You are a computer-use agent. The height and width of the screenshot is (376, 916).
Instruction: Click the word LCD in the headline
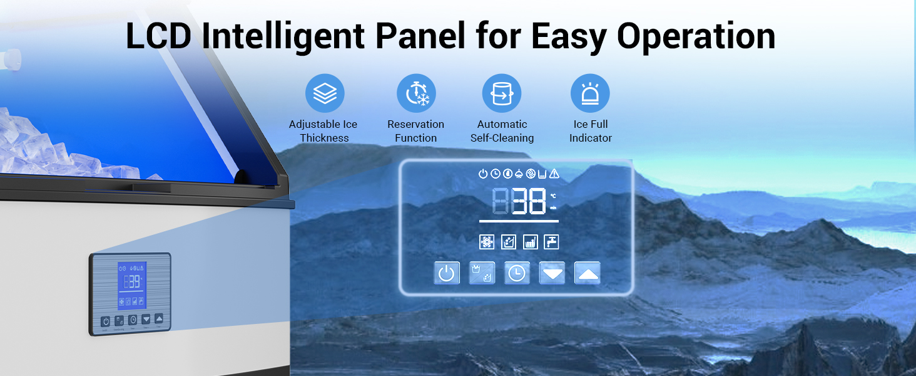point(158,36)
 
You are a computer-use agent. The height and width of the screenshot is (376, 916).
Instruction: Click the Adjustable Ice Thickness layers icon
point(325,93)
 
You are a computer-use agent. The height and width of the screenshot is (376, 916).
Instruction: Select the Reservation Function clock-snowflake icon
point(416,93)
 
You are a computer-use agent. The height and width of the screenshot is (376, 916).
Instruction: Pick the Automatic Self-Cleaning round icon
point(501,93)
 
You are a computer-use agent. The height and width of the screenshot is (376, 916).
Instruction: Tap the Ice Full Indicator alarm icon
point(589,93)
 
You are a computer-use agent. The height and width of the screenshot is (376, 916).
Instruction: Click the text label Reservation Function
point(415,131)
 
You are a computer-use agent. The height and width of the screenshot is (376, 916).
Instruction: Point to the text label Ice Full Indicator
point(590,131)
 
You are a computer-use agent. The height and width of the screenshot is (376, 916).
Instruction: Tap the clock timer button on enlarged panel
point(517,273)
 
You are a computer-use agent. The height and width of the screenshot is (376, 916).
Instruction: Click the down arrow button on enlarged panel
point(552,273)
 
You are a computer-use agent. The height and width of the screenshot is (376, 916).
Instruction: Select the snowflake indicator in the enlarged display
point(487,242)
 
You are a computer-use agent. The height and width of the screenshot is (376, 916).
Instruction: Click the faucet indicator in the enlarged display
point(551,242)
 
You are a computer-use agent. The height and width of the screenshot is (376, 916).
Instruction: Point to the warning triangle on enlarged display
point(554,174)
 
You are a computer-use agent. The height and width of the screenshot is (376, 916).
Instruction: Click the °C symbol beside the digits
point(552,196)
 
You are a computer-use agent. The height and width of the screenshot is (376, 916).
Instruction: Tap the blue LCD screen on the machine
point(132,285)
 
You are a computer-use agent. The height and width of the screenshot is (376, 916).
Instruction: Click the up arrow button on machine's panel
point(158,318)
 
